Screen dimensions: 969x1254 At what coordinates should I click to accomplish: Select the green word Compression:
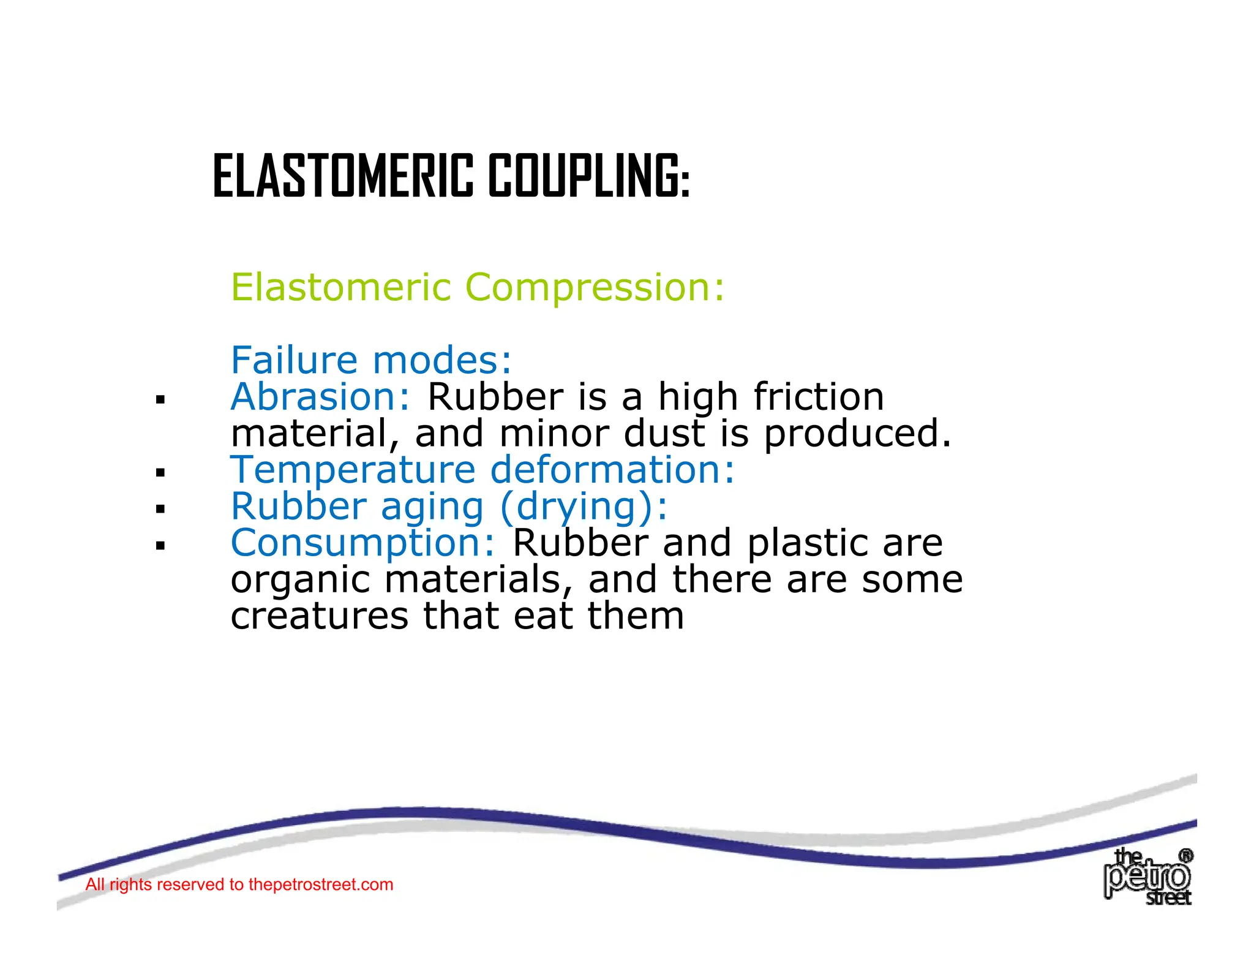(x=595, y=287)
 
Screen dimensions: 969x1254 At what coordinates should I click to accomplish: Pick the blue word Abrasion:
(x=320, y=397)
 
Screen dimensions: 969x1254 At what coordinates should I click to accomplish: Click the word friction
(x=819, y=397)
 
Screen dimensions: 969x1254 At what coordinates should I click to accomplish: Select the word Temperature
(x=353, y=470)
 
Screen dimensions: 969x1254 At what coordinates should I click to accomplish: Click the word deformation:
(x=612, y=470)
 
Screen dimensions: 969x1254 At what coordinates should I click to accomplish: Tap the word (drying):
(x=584, y=507)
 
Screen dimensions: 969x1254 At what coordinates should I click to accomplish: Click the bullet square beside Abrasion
(x=160, y=401)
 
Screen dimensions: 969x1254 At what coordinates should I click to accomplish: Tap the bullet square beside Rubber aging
(x=160, y=509)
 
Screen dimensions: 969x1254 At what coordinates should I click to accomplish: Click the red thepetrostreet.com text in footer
(x=320, y=884)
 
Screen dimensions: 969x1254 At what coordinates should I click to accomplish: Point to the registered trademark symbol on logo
(x=1185, y=856)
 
